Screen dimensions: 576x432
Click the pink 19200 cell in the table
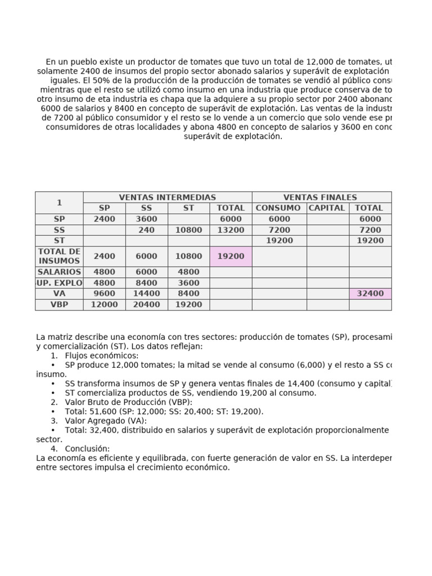coord(231,256)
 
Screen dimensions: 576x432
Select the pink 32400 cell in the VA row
coord(370,294)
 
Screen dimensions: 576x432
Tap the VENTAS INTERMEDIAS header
coord(167,197)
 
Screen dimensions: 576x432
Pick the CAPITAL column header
coord(327,208)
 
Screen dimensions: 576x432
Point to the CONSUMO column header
coord(279,208)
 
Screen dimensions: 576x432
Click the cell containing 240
coord(146,230)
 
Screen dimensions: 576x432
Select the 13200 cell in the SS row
coord(231,230)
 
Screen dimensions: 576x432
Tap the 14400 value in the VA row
coord(146,294)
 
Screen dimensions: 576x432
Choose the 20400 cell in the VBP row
coord(146,304)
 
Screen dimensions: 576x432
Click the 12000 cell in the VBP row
coord(104,304)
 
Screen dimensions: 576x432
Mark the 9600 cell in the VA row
coord(104,294)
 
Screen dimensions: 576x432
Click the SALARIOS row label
coord(59,272)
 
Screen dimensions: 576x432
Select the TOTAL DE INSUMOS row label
coord(59,256)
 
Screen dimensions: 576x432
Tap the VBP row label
coord(59,304)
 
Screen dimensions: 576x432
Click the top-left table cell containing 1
coord(59,202)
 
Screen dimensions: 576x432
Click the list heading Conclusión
coord(87,449)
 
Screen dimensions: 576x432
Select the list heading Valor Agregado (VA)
coord(106,421)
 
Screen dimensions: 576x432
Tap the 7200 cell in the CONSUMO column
coord(279,230)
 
